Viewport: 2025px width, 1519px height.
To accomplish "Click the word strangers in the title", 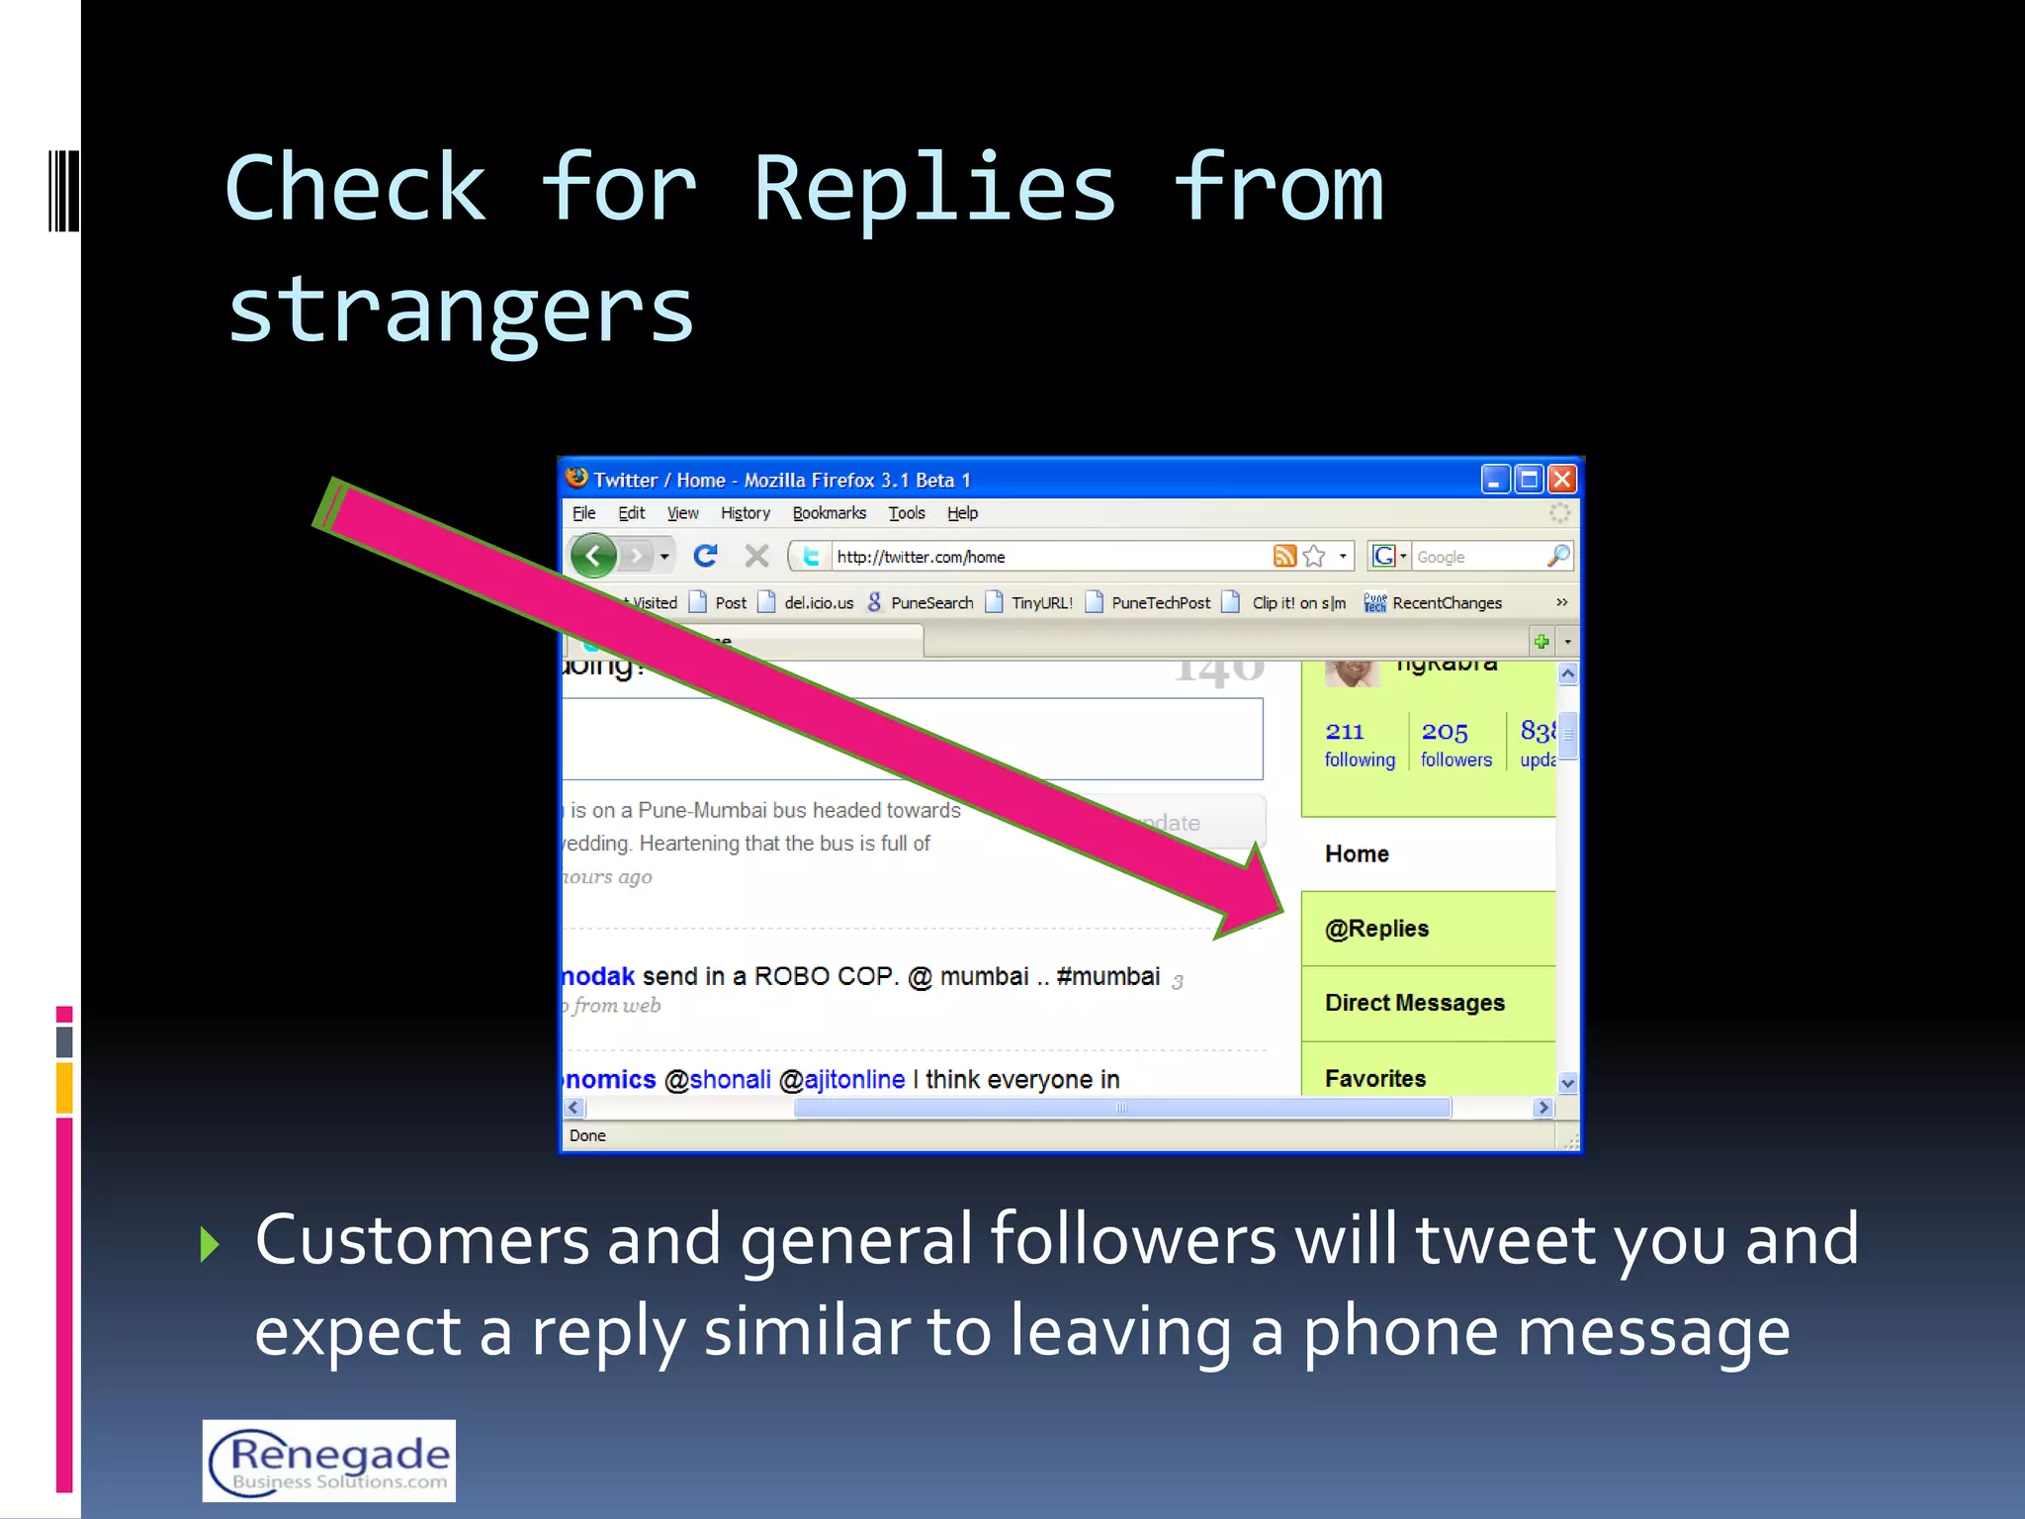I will point(461,310).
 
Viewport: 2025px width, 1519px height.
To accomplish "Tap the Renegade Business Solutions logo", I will point(329,1461).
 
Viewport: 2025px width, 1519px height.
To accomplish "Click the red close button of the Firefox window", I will point(1562,480).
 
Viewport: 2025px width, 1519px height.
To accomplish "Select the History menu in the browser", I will point(745,513).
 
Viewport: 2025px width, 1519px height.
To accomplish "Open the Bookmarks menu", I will point(829,513).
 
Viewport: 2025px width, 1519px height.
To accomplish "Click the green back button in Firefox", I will point(593,556).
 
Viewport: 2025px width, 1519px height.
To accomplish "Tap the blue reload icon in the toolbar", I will point(705,556).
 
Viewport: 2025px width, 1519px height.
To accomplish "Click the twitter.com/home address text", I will point(921,557).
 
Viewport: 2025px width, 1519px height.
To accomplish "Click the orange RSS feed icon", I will point(1284,556).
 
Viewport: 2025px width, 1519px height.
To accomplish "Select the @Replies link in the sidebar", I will point(1376,929).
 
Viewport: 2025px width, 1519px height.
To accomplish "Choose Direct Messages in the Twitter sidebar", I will point(1414,1003).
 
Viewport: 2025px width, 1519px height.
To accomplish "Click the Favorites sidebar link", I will point(1374,1079).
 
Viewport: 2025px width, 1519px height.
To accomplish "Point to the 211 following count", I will point(1345,732).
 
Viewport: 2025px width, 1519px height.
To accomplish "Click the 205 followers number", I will point(1445,732).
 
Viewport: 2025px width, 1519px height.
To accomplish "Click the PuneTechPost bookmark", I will point(1160,603).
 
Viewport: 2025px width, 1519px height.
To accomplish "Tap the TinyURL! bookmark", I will point(1041,603).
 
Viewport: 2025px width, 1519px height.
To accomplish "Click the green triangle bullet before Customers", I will point(209,1244).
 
